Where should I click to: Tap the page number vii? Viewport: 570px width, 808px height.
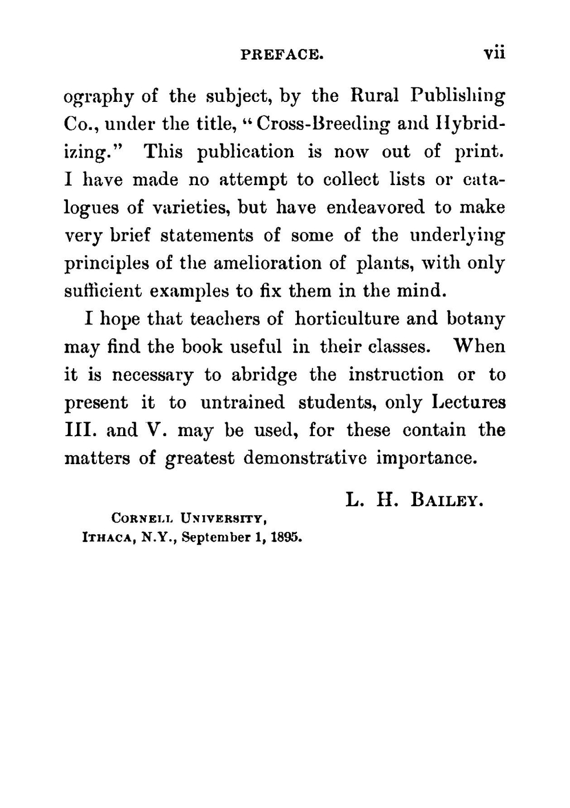click(494, 53)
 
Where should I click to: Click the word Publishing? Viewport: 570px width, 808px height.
click(458, 96)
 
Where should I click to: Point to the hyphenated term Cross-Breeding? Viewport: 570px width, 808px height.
click(323, 124)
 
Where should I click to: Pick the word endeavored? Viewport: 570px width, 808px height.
click(375, 207)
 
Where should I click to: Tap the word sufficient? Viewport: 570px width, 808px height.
click(103, 291)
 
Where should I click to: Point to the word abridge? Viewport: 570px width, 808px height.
click(264, 375)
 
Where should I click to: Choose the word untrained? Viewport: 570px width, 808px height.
click(242, 403)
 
